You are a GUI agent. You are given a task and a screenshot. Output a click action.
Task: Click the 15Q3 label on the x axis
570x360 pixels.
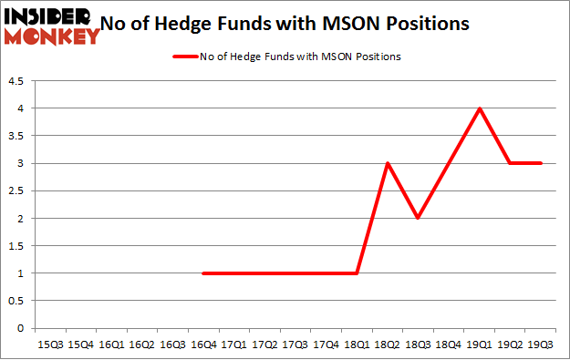click(x=50, y=344)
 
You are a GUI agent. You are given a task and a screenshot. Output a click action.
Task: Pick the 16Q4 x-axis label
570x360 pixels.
click(x=203, y=344)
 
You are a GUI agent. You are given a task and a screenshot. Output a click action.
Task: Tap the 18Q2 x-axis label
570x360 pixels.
click(x=388, y=344)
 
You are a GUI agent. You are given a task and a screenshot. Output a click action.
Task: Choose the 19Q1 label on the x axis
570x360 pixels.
click(x=480, y=344)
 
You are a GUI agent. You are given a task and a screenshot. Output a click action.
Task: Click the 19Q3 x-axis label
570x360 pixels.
click(x=541, y=344)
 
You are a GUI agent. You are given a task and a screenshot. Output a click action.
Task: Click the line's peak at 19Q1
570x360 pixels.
click(x=480, y=108)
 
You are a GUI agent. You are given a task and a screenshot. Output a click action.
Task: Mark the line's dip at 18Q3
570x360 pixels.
click(x=419, y=219)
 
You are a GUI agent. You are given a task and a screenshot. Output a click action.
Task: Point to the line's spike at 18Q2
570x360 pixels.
click(x=388, y=163)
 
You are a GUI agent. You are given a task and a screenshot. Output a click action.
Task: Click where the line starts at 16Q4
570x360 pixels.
click(x=203, y=273)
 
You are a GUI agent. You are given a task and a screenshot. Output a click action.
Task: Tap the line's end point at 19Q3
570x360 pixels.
click(x=541, y=163)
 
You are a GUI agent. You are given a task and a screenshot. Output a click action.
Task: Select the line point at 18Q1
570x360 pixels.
click(x=357, y=273)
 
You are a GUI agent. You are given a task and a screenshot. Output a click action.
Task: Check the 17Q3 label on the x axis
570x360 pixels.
click(x=295, y=344)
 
